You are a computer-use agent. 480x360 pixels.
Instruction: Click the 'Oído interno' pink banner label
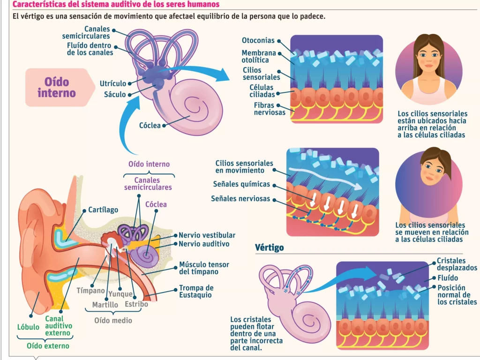pos(57,87)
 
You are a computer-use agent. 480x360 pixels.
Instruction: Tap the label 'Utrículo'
pos(113,83)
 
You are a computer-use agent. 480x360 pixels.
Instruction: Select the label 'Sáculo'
pos(115,94)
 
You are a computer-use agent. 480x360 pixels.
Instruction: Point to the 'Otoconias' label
pos(258,41)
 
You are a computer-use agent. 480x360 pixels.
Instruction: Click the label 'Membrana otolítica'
pos(259,56)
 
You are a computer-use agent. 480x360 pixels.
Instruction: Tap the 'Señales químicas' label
pos(241,184)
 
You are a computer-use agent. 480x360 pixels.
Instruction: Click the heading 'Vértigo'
pos(270,247)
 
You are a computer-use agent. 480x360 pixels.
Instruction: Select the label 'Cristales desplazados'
pos(457,264)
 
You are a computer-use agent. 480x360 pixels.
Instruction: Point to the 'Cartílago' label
pos(103,210)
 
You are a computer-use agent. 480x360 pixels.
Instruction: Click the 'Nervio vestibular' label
pos(207,235)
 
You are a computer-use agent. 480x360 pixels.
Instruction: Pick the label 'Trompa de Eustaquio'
pos(196,291)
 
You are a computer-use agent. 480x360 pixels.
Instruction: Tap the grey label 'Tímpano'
pos(90,291)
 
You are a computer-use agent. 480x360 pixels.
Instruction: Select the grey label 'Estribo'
pos(136,304)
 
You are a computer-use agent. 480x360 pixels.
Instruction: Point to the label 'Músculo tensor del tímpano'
pos(199,268)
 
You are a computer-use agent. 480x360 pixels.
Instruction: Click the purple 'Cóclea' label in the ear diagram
pos(156,204)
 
